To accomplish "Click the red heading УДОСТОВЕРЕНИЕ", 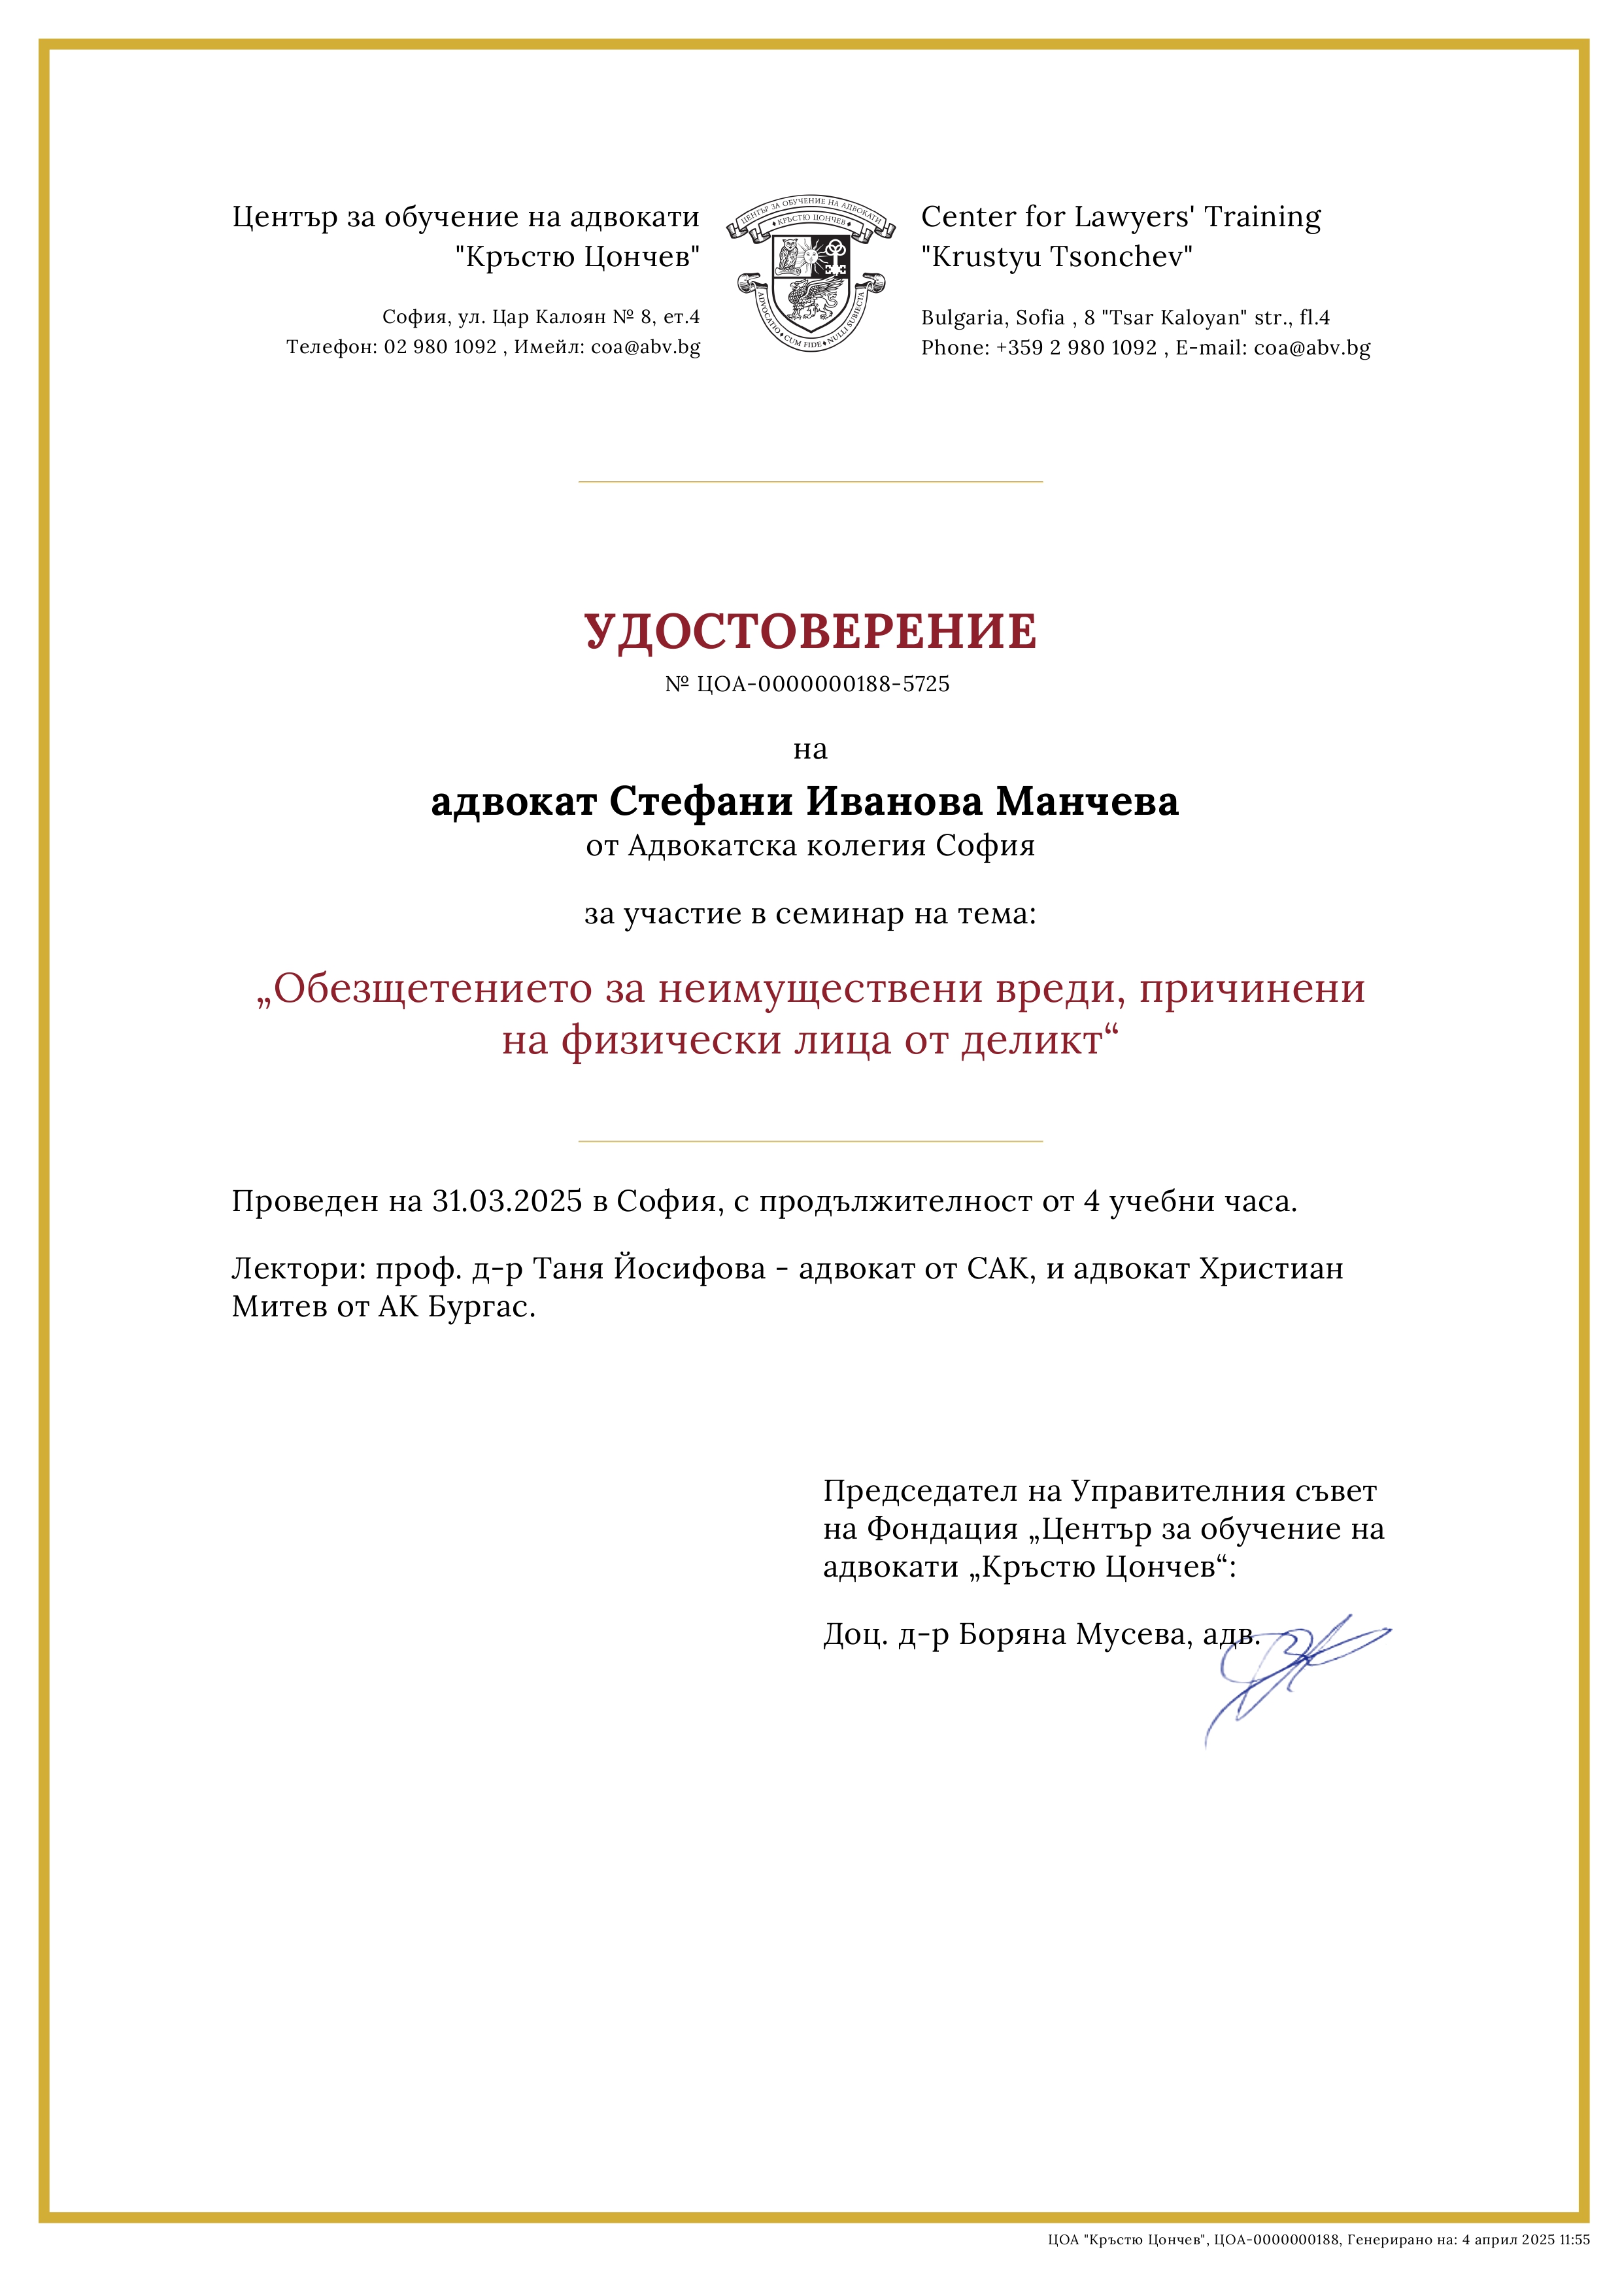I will (x=810, y=632).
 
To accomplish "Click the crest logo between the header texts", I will (x=810, y=273).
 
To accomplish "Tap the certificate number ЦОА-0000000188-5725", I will (x=823, y=685).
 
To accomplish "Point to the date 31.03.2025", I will (x=507, y=1201).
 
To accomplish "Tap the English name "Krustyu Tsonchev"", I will (x=1056, y=257).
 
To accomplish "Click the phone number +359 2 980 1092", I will (x=1075, y=348).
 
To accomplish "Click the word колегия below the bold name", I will (x=866, y=846).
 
